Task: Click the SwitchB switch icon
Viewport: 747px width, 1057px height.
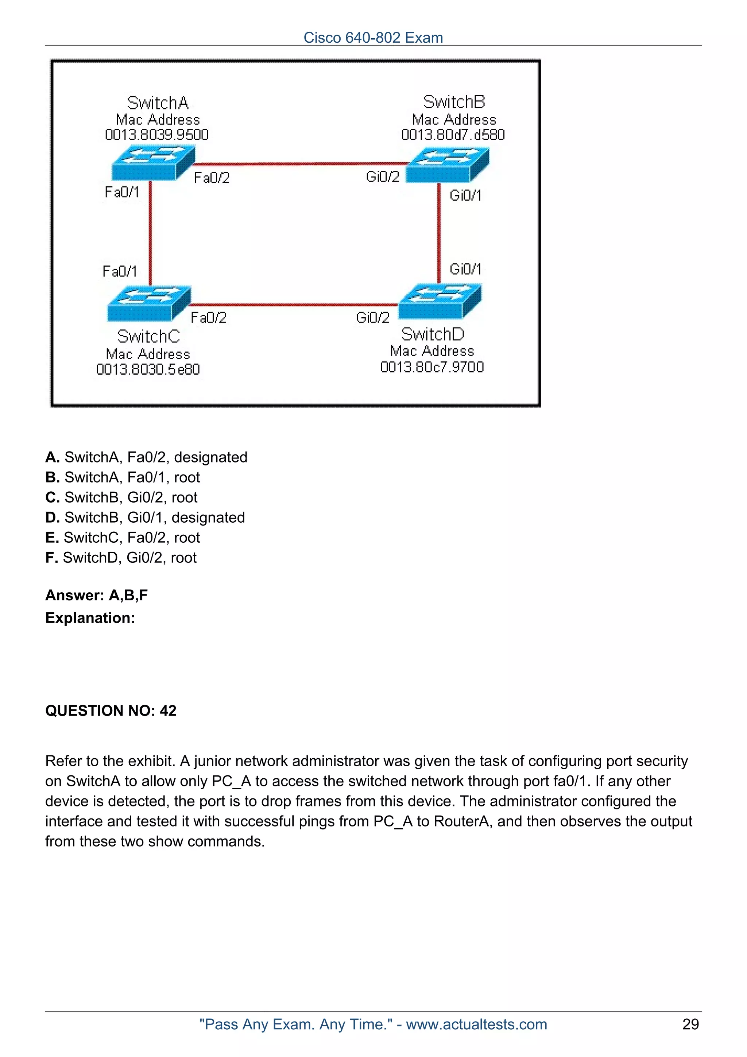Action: (x=448, y=164)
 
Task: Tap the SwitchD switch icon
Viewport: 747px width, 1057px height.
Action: (x=440, y=302)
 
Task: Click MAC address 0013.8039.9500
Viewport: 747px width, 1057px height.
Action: (x=156, y=135)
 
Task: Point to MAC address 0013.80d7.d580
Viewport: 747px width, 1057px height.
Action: (x=453, y=135)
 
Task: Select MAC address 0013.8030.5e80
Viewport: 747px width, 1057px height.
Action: (x=148, y=369)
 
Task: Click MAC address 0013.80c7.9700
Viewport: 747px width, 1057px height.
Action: (x=432, y=367)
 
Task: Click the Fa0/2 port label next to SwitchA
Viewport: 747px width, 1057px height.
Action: (x=212, y=178)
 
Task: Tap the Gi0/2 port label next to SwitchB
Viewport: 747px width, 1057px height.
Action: (x=383, y=177)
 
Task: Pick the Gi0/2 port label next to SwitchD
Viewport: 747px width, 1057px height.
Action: (x=372, y=317)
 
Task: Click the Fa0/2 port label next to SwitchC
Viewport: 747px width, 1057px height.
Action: (x=209, y=318)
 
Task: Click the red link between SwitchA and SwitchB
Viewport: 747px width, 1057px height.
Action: (x=299, y=164)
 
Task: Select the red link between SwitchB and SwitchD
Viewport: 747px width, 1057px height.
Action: (x=439, y=232)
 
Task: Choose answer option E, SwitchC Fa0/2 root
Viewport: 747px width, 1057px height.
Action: (x=123, y=537)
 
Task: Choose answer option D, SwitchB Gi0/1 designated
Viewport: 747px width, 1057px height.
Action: (x=145, y=518)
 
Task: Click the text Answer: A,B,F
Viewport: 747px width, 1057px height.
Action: (x=97, y=595)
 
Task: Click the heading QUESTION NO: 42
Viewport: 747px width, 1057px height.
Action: (x=111, y=711)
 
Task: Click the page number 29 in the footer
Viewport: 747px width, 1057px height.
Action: (x=690, y=1024)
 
